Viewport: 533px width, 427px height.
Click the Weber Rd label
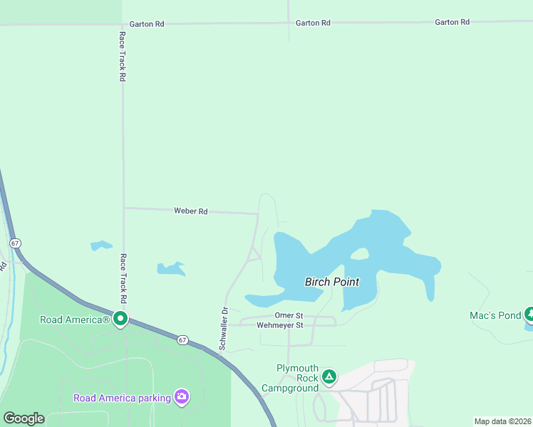tap(190, 211)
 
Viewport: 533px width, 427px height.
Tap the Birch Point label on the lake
tap(332, 282)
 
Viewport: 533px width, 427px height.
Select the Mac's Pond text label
tap(495, 315)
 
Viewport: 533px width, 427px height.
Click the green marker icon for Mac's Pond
tap(529, 314)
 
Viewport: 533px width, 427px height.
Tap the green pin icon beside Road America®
tap(120, 320)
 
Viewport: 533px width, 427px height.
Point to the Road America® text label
tap(75, 320)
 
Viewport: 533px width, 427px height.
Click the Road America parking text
tap(123, 397)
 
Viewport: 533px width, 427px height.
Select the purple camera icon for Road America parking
tap(182, 396)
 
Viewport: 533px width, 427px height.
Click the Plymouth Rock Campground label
tap(289, 378)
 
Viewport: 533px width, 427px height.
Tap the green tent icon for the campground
tap(328, 376)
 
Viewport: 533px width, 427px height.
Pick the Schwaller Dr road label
tap(223, 329)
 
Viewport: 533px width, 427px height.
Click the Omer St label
tap(289, 315)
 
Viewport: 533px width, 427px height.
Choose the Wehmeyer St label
tap(280, 325)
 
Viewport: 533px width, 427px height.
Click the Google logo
tap(24, 418)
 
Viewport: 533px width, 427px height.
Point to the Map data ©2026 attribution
tap(502, 421)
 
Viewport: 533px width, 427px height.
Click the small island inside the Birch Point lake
tap(360, 254)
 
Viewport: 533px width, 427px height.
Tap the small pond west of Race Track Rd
tap(101, 246)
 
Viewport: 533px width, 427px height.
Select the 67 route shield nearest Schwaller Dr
tap(182, 340)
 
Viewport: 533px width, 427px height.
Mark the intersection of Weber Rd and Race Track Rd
tap(123, 208)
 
